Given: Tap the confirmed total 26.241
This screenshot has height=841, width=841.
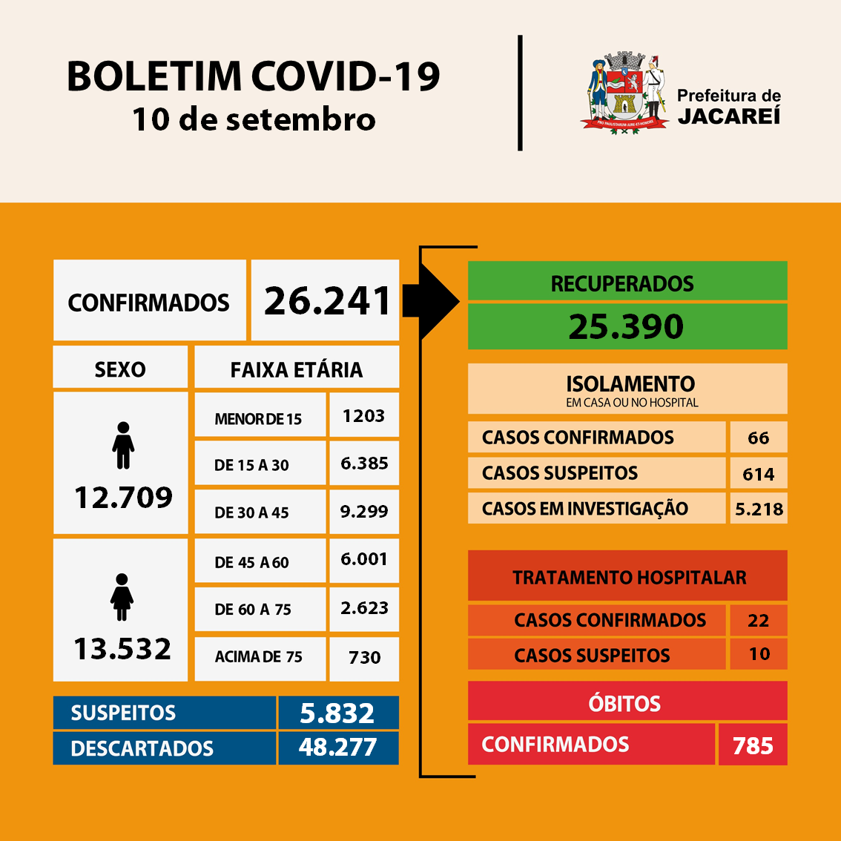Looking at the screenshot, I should (327, 301).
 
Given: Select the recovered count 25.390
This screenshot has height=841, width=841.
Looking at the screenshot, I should (627, 326).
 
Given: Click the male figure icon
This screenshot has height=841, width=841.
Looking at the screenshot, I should (123, 446).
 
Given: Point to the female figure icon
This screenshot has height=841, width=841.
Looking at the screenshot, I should (122, 597).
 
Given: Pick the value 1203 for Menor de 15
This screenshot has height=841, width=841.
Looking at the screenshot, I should (363, 416).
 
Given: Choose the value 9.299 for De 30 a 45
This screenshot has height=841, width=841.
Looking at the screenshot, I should (363, 511).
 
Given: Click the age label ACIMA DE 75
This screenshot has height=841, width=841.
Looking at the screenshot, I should (259, 657).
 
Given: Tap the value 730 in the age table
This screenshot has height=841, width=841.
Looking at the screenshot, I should (364, 657).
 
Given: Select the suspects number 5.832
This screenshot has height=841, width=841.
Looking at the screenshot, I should (337, 713).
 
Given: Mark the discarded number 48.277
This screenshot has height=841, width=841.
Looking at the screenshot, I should (337, 747).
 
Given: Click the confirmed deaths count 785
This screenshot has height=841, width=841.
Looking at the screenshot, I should (753, 745).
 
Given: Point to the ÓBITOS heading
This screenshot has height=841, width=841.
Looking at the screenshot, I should (625, 703).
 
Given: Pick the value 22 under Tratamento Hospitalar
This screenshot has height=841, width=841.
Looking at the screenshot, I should (758, 620).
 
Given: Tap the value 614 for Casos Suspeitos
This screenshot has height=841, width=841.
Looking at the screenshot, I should (758, 474).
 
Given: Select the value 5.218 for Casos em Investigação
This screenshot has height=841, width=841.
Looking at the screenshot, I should (759, 509).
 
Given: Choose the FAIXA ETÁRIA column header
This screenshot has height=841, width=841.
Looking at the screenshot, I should (297, 369).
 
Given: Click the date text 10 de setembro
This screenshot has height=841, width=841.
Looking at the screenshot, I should (254, 119).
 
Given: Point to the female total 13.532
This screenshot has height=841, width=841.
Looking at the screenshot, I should (122, 649).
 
